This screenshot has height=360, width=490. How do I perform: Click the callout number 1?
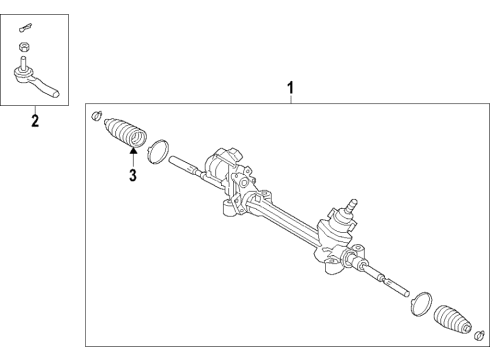click(291, 88)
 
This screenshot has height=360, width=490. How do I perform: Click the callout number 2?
click(36, 122)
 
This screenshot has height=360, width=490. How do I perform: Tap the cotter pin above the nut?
click(26, 27)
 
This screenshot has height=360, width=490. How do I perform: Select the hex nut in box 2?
click(24, 48)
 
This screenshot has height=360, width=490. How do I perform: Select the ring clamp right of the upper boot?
click(156, 153)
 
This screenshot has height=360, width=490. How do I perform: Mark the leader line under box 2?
click(36, 109)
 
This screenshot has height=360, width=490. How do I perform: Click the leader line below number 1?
click(291, 99)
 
